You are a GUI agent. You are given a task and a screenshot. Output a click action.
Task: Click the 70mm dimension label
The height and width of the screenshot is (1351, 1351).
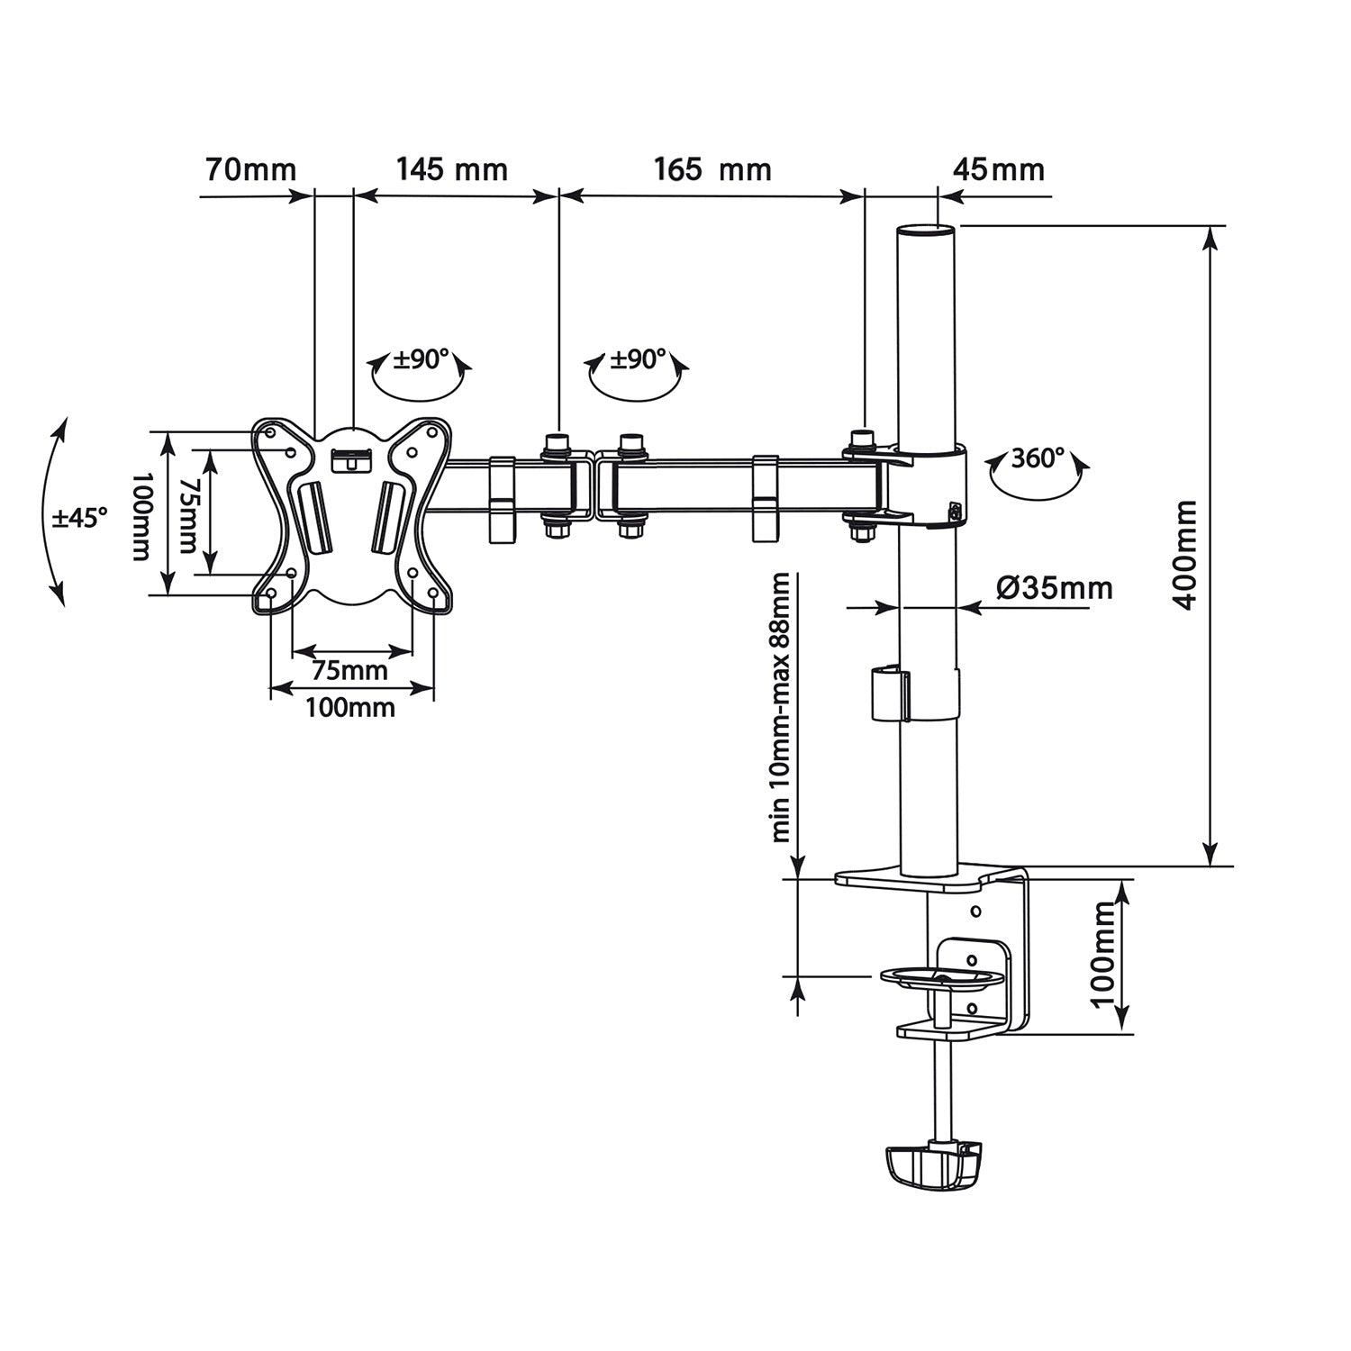[x=250, y=169]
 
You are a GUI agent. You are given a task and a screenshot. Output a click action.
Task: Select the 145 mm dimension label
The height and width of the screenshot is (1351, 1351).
[x=451, y=169]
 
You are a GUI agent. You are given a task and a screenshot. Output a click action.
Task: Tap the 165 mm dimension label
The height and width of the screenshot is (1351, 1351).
[x=712, y=169]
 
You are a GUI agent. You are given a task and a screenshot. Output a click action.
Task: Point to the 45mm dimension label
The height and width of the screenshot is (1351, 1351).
[x=998, y=169]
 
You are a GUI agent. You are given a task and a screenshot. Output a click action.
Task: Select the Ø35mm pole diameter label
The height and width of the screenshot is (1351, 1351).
[x=1055, y=588]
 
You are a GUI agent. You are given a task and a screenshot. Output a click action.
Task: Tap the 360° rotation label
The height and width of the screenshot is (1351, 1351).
[x=1037, y=458]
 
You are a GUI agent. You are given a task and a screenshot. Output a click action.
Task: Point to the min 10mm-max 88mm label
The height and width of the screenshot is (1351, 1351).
[x=780, y=708]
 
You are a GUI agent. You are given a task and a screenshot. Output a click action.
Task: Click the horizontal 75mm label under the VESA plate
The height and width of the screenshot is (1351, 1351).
[x=349, y=670]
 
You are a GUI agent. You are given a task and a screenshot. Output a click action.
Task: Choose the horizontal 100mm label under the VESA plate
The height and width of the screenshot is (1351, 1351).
[x=350, y=708]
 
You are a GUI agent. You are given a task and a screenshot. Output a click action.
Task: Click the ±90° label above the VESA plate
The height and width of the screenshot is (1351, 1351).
[x=422, y=360]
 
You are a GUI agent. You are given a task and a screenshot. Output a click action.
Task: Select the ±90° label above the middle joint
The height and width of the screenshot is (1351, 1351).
[x=639, y=360]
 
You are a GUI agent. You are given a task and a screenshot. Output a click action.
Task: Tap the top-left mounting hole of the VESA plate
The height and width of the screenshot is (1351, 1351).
[x=270, y=432]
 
